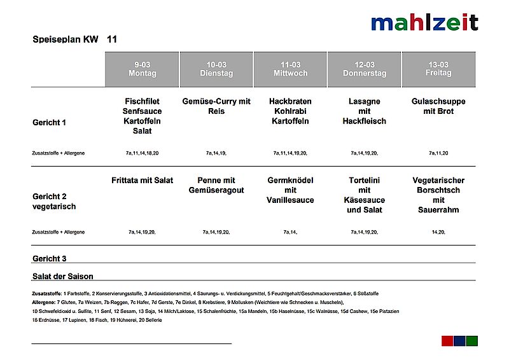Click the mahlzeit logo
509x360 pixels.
click(x=424, y=23)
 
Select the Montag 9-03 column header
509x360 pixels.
click(x=142, y=69)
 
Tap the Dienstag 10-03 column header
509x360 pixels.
click(x=216, y=69)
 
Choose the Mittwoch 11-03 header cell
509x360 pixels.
click(x=290, y=69)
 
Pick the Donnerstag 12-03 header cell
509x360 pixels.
click(x=365, y=69)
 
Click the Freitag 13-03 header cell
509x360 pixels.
click(x=438, y=69)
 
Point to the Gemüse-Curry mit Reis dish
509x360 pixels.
click(x=216, y=106)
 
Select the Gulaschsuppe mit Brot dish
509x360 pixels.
click(x=438, y=106)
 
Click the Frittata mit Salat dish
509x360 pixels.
click(x=142, y=181)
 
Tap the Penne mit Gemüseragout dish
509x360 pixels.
click(x=216, y=185)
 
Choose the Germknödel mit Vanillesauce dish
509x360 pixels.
click(x=290, y=190)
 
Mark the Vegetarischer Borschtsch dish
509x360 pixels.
click(x=438, y=195)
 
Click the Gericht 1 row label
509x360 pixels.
click(x=49, y=122)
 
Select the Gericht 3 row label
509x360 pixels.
click(x=49, y=259)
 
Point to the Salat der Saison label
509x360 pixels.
click(x=62, y=277)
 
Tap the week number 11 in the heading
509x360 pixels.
click(x=112, y=39)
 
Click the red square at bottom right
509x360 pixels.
click(x=447, y=341)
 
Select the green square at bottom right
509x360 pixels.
click(x=471, y=341)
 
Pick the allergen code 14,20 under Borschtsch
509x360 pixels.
click(x=438, y=232)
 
